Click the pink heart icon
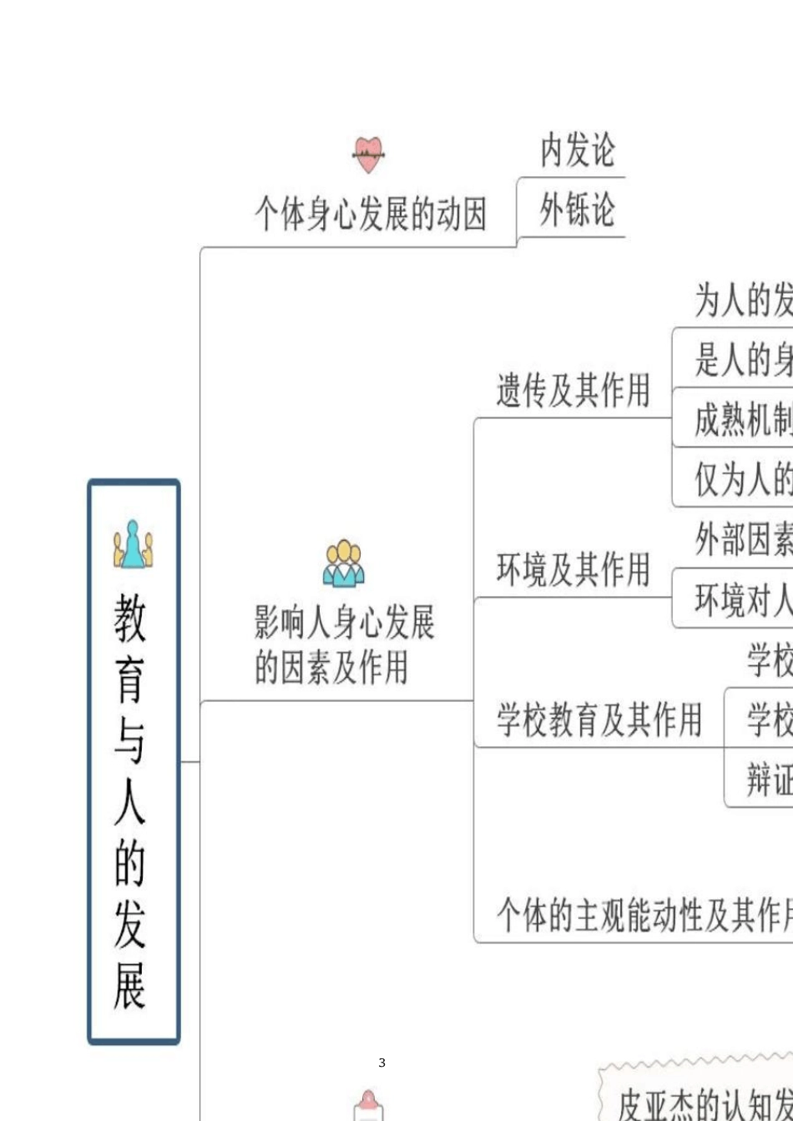[x=368, y=154]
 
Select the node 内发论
[x=577, y=150]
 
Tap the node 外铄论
[x=577, y=209]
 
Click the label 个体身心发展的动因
[x=371, y=215]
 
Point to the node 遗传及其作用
[x=573, y=390]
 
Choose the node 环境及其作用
[x=573, y=570]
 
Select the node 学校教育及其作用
[x=599, y=719]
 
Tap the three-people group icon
[x=344, y=563]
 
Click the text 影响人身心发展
[x=344, y=623]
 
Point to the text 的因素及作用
[x=331, y=667]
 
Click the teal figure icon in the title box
[x=134, y=544]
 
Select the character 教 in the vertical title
[x=131, y=618]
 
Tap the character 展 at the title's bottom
[x=131, y=985]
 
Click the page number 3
[x=381, y=1063]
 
